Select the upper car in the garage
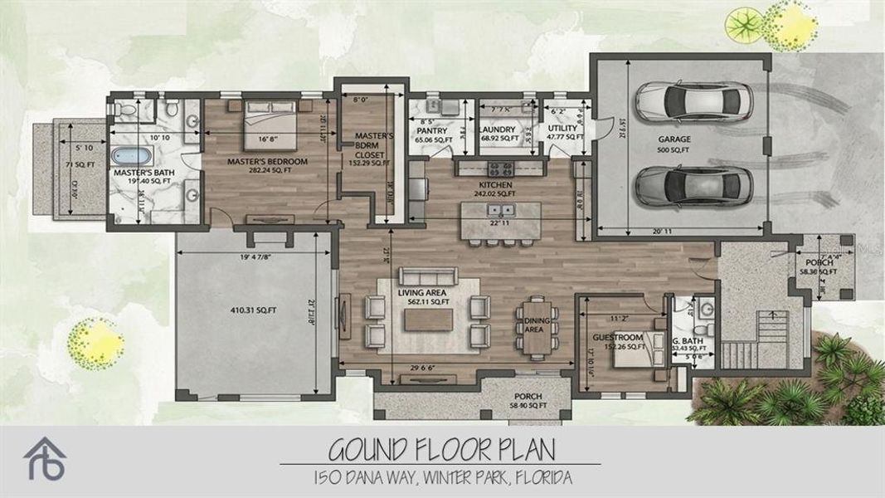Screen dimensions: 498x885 click(x=693, y=102)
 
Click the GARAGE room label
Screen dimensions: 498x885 click(x=675, y=139)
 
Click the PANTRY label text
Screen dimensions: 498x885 click(x=431, y=131)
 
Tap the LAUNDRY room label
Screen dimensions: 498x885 click(x=498, y=130)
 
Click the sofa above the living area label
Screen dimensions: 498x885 click(x=426, y=276)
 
